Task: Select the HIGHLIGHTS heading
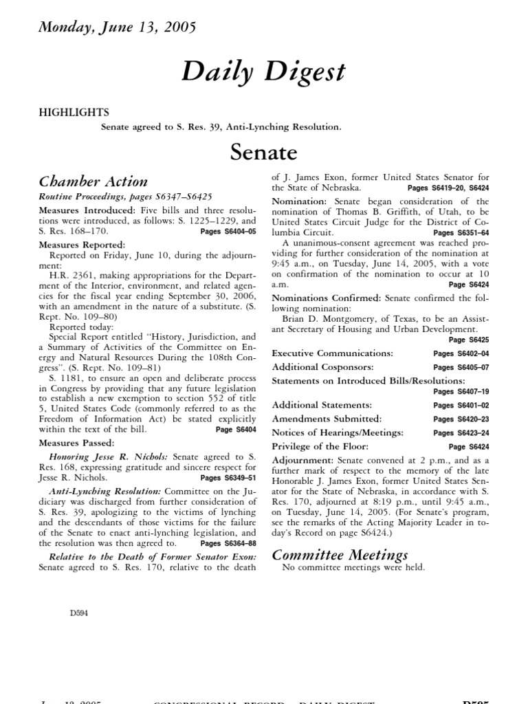[73, 112]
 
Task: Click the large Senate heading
[265, 151]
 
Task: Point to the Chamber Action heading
[93, 181]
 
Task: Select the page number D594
[78, 612]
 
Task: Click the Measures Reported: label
[82, 244]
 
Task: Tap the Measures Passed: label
[77, 442]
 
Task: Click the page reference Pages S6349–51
[228, 477]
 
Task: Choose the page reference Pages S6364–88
[228, 543]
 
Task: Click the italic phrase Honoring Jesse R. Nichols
[109, 456]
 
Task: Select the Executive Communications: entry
[333, 353]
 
